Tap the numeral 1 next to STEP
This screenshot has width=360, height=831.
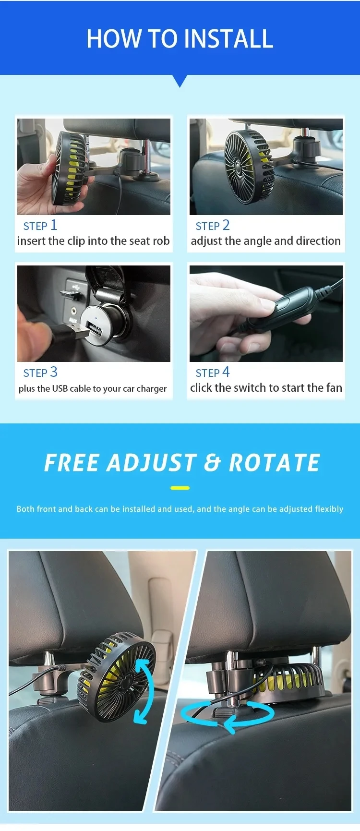(54, 225)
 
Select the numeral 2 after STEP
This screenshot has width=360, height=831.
(226, 225)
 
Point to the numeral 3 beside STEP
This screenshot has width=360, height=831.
(54, 372)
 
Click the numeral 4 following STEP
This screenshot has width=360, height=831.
(226, 372)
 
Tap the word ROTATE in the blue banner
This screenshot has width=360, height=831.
(274, 463)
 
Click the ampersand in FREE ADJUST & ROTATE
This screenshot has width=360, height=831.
(212, 463)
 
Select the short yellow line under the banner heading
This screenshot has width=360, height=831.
(180, 488)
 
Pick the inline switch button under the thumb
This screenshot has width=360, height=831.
(282, 304)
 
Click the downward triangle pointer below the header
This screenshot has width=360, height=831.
(180, 81)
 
